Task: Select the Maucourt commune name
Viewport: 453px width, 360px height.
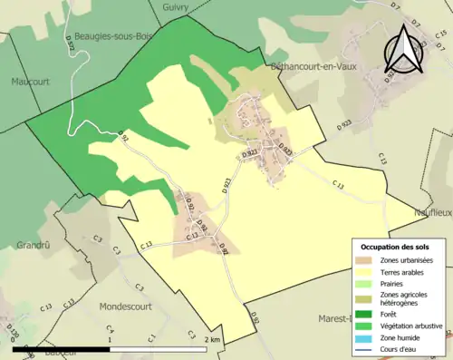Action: click(32, 81)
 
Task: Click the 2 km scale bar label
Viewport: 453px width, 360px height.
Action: click(212, 339)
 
